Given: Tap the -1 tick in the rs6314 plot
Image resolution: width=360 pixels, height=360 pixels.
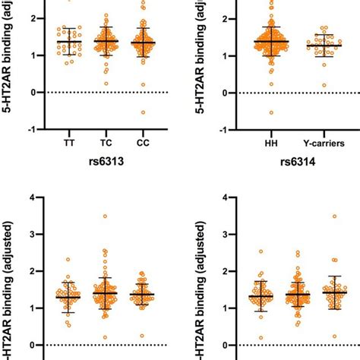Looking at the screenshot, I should [213, 129].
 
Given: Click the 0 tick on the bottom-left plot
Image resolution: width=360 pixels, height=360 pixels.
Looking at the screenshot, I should [32, 345].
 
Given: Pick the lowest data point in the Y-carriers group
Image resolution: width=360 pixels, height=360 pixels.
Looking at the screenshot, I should [305, 85].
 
